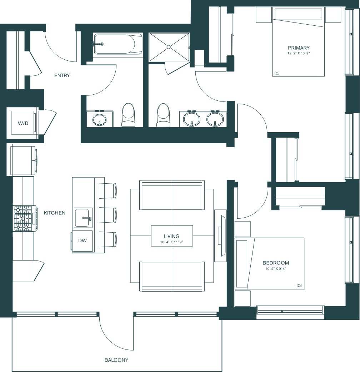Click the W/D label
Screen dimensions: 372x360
click(x=23, y=123)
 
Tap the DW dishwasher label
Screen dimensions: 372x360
click(x=82, y=241)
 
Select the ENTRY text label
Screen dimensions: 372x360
click(x=62, y=75)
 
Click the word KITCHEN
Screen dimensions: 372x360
click(x=55, y=213)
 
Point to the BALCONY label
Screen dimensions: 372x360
click(x=116, y=360)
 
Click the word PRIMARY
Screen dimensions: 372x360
click(x=299, y=48)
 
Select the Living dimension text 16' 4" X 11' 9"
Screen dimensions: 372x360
click(x=171, y=242)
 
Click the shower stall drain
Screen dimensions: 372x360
click(x=169, y=47)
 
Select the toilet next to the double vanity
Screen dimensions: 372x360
click(x=163, y=114)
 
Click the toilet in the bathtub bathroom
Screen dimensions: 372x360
click(x=128, y=114)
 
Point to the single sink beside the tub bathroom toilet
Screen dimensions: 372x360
click(x=99, y=119)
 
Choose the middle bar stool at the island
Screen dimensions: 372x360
click(x=108, y=215)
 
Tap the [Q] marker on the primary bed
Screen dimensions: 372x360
click(x=277, y=73)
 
